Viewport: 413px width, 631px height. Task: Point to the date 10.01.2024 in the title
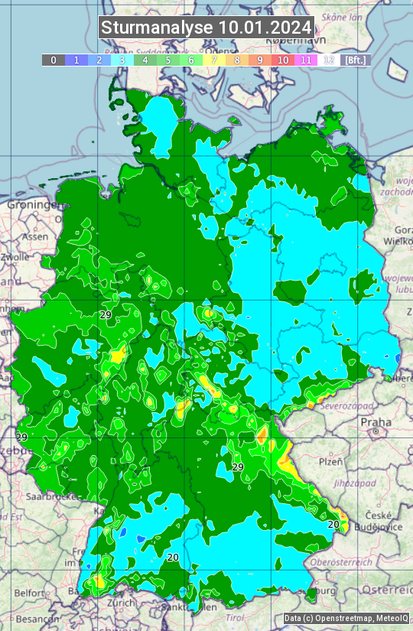(x=265, y=28)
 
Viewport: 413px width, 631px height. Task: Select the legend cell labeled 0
(x=54, y=60)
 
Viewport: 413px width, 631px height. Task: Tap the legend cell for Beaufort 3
(x=122, y=60)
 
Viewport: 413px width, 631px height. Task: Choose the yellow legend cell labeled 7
(x=214, y=60)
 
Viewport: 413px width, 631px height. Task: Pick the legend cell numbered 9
(x=260, y=60)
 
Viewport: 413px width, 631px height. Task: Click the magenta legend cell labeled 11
(x=306, y=60)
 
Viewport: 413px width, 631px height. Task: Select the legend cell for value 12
(x=329, y=60)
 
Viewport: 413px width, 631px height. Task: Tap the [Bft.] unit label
(x=356, y=60)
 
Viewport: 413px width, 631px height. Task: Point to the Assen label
(x=34, y=237)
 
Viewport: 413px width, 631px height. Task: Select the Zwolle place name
(x=15, y=257)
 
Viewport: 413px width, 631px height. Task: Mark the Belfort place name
(x=31, y=593)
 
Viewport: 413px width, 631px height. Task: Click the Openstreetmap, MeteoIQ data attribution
(x=346, y=618)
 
